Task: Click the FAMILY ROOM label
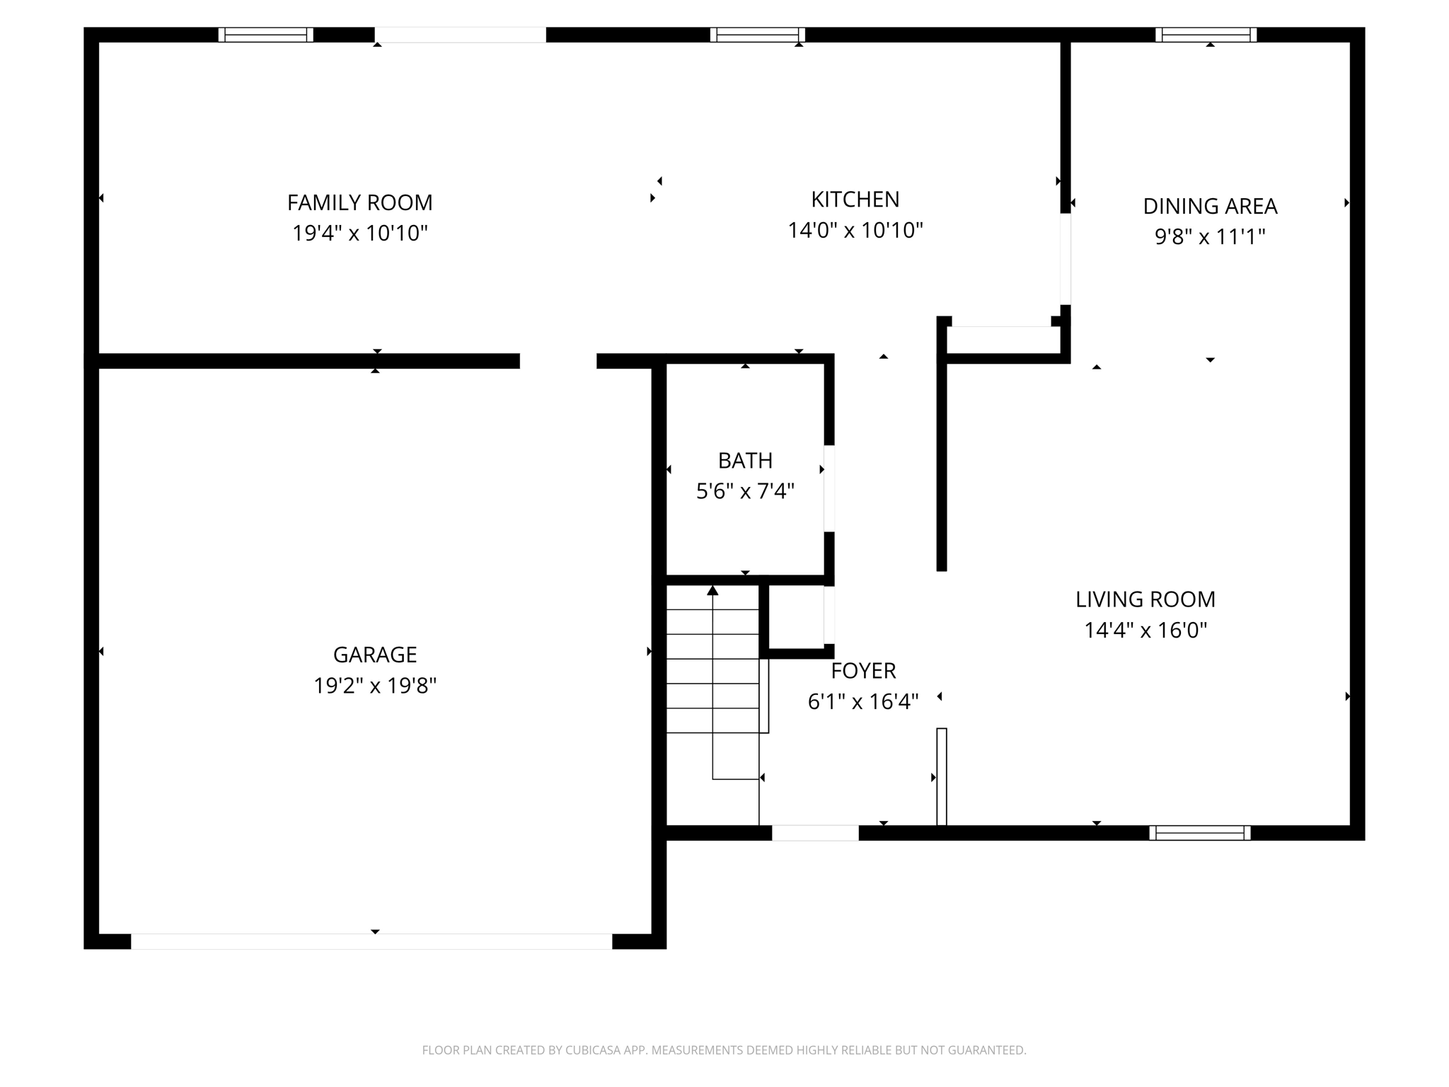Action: pyautogui.click(x=359, y=203)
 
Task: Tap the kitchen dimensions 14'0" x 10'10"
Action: pyautogui.click(x=855, y=230)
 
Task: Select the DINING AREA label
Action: pyautogui.click(x=1210, y=206)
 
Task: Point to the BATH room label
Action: pyautogui.click(x=745, y=461)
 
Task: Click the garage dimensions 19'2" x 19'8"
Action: pyautogui.click(x=375, y=686)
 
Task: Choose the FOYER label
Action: pyautogui.click(x=863, y=670)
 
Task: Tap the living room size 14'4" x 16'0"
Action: pyautogui.click(x=1145, y=630)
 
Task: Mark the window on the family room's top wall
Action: pyautogui.click(x=265, y=35)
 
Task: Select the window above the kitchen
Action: pyautogui.click(x=757, y=35)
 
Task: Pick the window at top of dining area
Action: pyautogui.click(x=1206, y=35)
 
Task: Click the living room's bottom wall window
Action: pyautogui.click(x=1199, y=833)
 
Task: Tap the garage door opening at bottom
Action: pyautogui.click(x=371, y=941)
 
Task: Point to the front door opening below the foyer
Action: pyautogui.click(x=815, y=833)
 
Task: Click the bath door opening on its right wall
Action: pyautogui.click(x=829, y=488)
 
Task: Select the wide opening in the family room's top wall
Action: pyautogui.click(x=460, y=35)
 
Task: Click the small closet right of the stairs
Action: pyautogui.click(x=796, y=616)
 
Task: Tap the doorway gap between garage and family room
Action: pyautogui.click(x=558, y=361)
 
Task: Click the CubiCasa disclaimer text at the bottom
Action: pyautogui.click(x=724, y=1050)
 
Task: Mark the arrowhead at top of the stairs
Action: pyautogui.click(x=712, y=590)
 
